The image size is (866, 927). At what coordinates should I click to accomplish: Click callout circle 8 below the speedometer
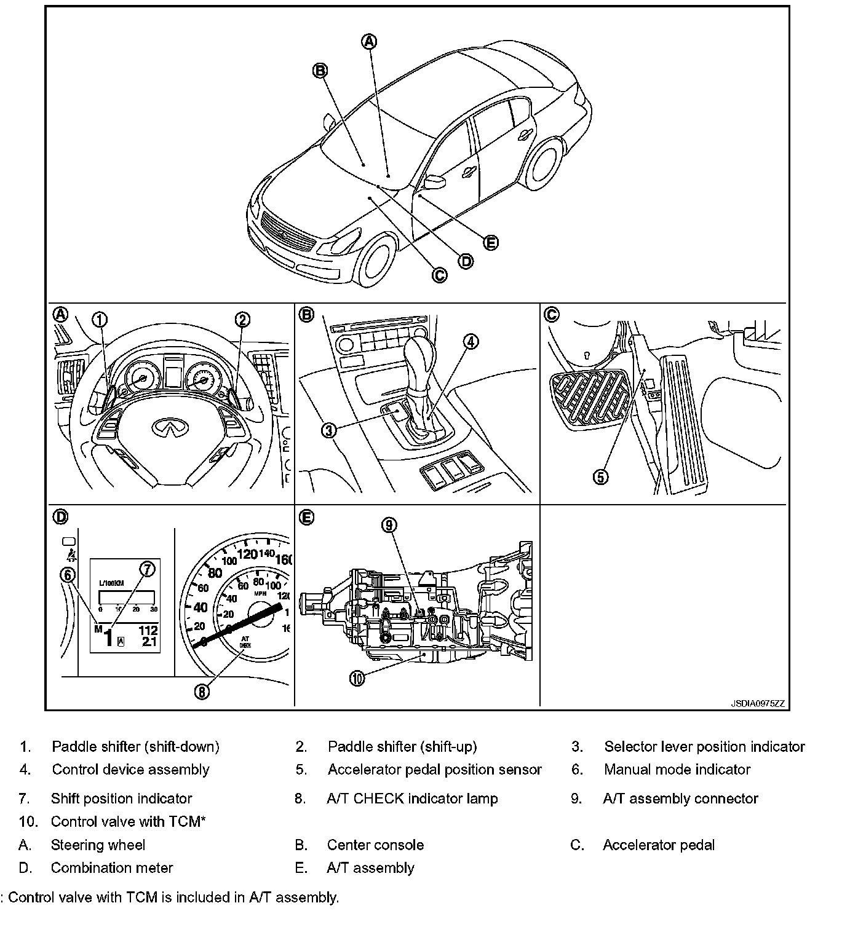(x=202, y=692)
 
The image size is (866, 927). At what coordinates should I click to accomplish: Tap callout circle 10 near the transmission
(x=357, y=678)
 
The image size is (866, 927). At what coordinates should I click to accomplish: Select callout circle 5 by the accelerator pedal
(x=601, y=476)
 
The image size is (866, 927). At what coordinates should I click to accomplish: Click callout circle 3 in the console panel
(x=329, y=430)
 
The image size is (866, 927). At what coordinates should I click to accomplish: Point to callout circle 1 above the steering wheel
(x=100, y=320)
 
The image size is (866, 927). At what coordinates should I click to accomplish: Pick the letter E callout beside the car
(x=490, y=243)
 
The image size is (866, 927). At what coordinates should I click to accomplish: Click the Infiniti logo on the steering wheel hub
(x=164, y=427)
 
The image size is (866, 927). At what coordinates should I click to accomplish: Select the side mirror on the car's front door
(x=435, y=182)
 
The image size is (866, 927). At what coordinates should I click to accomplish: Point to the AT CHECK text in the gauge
(x=245, y=642)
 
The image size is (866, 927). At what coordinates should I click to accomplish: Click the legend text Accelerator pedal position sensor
(x=434, y=770)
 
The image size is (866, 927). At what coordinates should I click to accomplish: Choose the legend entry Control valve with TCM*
(x=128, y=821)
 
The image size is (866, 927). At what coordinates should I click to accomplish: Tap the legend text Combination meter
(x=112, y=868)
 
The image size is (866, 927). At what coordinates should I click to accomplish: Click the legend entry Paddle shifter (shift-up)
(x=402, y=746)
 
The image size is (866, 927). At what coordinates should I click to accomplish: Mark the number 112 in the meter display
(x=148, y=630)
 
